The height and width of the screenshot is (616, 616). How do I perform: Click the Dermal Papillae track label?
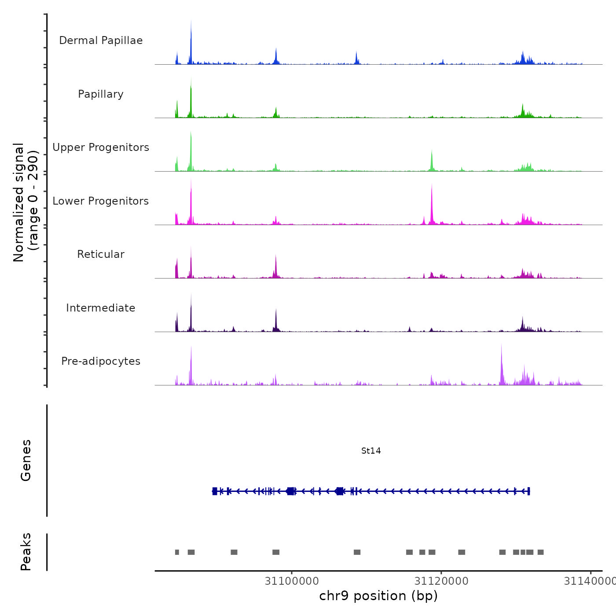(101, 40)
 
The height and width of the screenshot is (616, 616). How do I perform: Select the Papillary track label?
(101, 94)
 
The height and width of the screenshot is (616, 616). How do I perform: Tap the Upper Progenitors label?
(101, 147)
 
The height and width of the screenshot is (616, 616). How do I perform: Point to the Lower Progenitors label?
(101, 201)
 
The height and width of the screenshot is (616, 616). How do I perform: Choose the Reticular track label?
(101, 254)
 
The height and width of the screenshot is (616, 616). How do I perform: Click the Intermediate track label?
(101, 308)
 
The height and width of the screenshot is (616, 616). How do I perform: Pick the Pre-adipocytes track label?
(101, 361)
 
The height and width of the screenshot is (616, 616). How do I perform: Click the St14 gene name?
(371, 451)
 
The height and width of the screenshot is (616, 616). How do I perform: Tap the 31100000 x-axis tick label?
(292, 581)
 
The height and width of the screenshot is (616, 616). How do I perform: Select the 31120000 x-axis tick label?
(441, 581)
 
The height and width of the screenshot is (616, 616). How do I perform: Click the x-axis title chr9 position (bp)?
(378, 596)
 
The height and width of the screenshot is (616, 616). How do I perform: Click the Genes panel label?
(26, 460)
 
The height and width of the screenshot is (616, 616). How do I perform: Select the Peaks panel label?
(26, 552)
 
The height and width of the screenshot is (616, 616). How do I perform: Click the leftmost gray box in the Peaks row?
(177, 552)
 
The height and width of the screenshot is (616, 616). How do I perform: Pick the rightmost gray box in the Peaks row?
(541, 552)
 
